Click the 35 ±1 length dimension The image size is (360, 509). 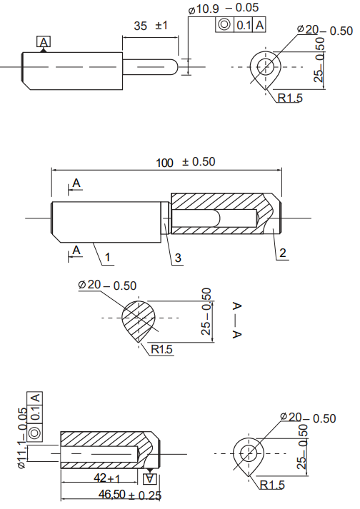click(x=151, y=26)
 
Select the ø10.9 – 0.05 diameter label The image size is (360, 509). click(x=224, y=9)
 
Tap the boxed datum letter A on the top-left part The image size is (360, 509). click(x=44, y=42)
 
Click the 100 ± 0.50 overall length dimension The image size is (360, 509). click(x=186, y=162)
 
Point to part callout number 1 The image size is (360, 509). click(x=108, y=258)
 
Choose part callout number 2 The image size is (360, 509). click(x=283, y=253)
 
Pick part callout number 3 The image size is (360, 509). click(x=178, y=258)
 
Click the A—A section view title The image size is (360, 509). click(x=237, y=320)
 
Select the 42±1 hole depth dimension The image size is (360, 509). click(x=107, y=478)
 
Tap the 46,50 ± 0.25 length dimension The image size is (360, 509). click(x=129, y=495)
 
